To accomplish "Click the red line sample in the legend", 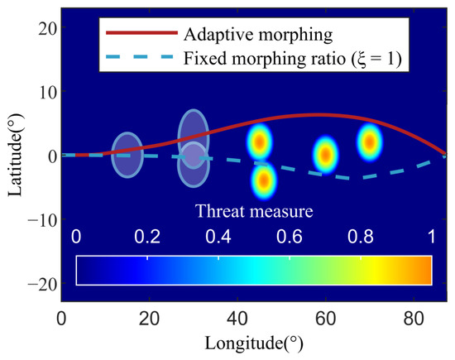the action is tap(142, 33).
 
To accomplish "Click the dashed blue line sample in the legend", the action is tap(140, 57).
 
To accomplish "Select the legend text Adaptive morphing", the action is tap(258, 35).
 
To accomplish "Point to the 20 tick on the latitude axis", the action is tap(47, 28).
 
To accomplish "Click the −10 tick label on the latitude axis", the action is tap(42, 221).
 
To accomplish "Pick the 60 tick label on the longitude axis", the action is tap(326, 318).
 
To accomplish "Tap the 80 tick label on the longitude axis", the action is tap(414, 318).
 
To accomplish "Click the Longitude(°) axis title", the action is tap(254, 343).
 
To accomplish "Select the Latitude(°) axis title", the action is tap(16, 155).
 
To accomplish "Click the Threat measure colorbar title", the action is tap(254, 211).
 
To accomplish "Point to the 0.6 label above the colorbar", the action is tap(289, 237).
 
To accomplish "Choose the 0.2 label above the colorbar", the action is tap(147, 237).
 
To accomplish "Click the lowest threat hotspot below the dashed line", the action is tap(264, 180).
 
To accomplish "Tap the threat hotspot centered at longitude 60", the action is tap(326, 155).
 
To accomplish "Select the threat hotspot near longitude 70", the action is tap(370, 142).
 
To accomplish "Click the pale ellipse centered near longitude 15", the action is tap(127, 155).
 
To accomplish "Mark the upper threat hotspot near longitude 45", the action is tap(260, 142).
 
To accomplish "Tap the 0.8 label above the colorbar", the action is tap(361, 237).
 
